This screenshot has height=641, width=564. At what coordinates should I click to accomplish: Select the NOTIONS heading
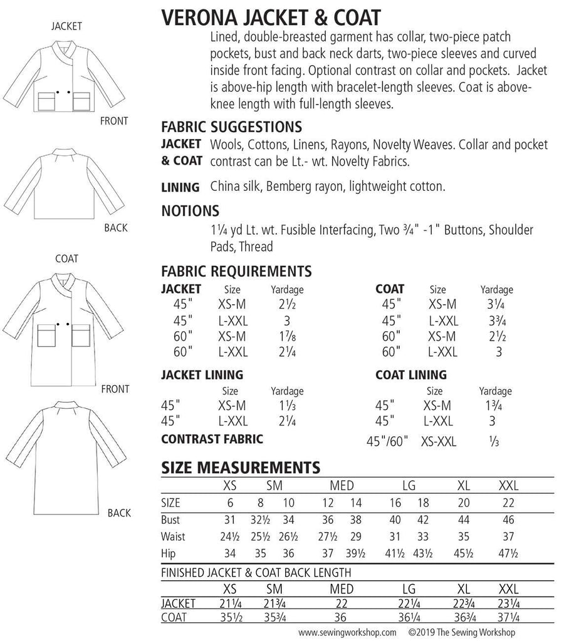tap(190, 210)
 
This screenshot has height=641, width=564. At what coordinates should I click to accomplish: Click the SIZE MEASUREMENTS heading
tap(241, 467)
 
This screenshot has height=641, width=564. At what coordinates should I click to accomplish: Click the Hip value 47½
tap(508, 553)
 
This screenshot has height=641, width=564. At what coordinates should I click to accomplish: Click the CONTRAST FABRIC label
tap(212, 438)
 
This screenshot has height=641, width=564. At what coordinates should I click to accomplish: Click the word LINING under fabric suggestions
tap(180, 187)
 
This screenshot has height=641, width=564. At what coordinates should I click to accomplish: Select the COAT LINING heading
tap(410, 375)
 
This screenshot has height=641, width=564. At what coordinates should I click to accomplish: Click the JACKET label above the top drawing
tap(67, 26)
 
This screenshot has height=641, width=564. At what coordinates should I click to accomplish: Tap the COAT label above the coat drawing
tap(67, 259)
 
